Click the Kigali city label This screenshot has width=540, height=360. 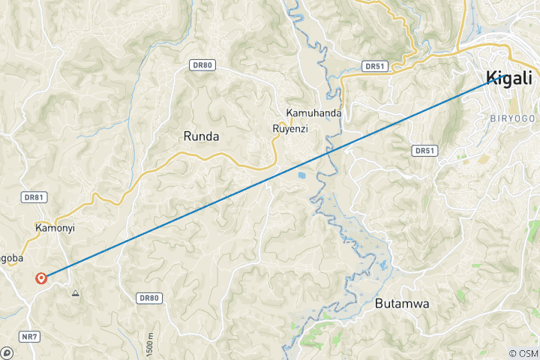click(508, 77)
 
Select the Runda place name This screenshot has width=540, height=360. click(201, 136)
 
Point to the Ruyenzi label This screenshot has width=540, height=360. click(290, 128)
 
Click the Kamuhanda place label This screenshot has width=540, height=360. click(313, 113)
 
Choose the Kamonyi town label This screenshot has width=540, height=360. click(55, 227)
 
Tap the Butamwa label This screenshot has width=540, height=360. click(401, 304)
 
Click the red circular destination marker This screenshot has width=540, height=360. click(41, 279)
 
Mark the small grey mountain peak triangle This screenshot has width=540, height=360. click(75, 293)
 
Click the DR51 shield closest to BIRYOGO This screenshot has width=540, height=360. click(424, 151)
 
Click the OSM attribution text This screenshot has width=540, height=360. click(523, 353)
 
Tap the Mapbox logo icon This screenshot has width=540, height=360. click(7, 352)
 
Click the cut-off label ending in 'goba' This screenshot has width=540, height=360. click(11, 258)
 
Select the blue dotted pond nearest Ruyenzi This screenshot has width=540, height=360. click(301, 177)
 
